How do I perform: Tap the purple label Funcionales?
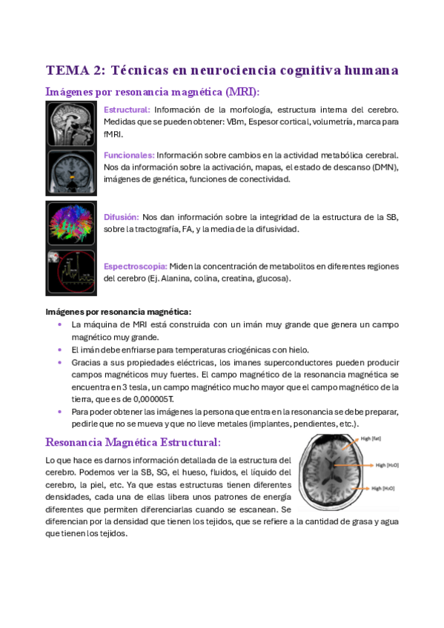[129, 155]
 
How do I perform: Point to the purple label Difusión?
[122, 217]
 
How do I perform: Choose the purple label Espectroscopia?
[135, 266]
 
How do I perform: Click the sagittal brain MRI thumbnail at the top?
[70, 124]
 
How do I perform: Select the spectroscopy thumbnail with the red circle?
[70, 272]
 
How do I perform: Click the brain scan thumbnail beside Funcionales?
[70, 172]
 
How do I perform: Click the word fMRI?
[113, 134]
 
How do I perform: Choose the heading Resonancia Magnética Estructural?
[133, 443]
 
